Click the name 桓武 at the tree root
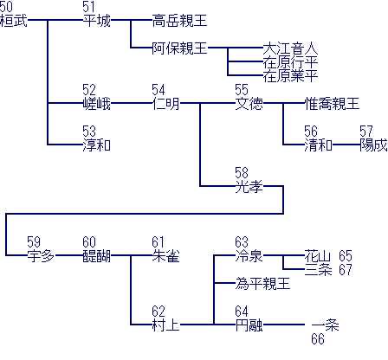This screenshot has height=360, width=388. click(x=14, y=21)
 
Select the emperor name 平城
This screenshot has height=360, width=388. click(x=97, y=21)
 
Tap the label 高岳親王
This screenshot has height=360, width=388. click(x=179, y=21)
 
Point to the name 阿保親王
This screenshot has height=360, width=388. click(x=179, y=48)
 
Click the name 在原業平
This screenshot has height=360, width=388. click(x=290, y=76)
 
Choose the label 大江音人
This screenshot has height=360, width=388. click(x=290, y=48)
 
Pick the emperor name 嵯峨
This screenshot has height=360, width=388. click(x=97, y=104)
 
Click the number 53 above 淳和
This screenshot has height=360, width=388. click(x=89, y=132)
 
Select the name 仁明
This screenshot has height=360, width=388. click(x=165, y=104)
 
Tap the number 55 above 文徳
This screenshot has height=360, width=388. click(x=242, y=90)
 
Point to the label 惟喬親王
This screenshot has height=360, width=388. click(x=332, y=104)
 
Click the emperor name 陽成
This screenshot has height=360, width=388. click(x=373, y=145)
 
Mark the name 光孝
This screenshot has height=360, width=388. click(x=249, y=187)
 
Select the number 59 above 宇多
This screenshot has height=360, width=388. click(x=34, y=242)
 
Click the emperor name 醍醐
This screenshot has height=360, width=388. click(x=97, y=256)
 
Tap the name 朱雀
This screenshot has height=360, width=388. click(x=165, y=256)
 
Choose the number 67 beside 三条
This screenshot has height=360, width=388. click(x=346, y=270)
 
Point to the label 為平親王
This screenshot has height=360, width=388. click(x=262, y=284)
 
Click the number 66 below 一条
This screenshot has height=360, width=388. click(x=318, y=339)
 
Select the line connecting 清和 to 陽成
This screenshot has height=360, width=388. click(x=346, y=145)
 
